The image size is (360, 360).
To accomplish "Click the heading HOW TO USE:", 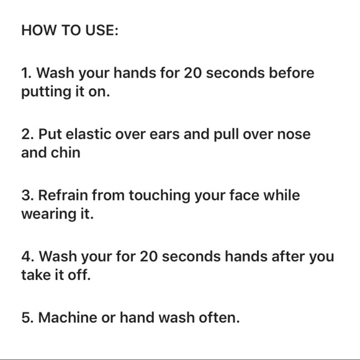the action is coord(70,30).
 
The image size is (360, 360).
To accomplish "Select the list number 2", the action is coord(27,134).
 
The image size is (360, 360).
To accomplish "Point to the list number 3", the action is coord(27,195).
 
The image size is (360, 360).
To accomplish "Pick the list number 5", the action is coord(27,318).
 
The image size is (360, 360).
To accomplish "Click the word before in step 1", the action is coord(291,73).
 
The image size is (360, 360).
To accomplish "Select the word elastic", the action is coord(88,134).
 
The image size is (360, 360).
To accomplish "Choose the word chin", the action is coord(65,153).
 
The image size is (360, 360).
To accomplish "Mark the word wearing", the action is coord(48,215).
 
